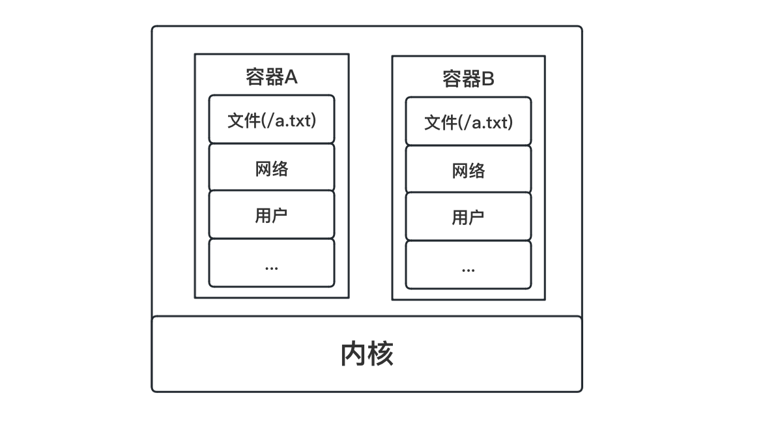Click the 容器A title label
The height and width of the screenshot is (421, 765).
pos(271,77)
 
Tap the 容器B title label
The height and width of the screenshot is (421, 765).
pos(468,79)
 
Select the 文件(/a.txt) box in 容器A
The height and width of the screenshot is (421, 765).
pos(271,119)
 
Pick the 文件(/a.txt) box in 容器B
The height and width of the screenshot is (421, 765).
pos(468,121)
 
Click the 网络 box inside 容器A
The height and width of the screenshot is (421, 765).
pos(271,168)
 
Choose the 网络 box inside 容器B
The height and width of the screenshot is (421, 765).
pos(468,170)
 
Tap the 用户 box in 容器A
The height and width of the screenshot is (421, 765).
pos(271,215)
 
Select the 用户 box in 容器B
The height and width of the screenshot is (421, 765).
pos(468,217)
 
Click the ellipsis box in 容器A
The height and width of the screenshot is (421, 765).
pos(271,263)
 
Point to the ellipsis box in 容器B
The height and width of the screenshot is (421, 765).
pos(468,265)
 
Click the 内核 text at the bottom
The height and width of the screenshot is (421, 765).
pos(367,354)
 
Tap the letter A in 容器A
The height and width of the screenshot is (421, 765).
pos(291,77)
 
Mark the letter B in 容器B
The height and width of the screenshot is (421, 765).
pos(487,79)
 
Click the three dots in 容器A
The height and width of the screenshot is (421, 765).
pos(271,267)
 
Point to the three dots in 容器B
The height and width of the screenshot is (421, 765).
pos(468,269)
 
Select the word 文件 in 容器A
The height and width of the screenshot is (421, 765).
pos(244,120)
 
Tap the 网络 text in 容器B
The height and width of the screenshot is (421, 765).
pos(468,171)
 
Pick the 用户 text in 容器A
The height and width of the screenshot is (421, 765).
pos(271,215)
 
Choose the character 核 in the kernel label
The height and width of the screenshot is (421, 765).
pos(381,354)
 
